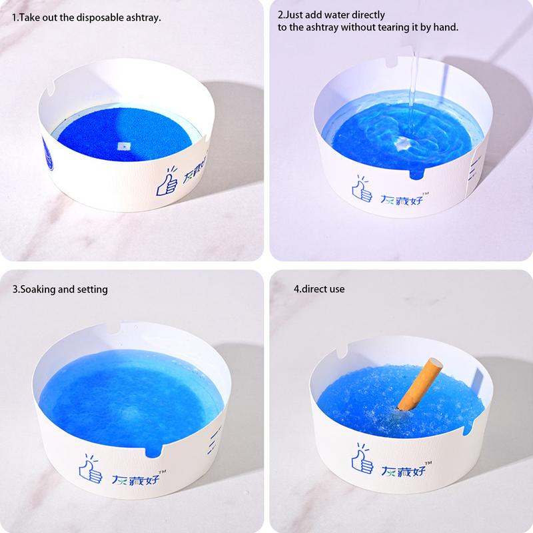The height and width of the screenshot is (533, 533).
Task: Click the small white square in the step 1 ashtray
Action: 122,144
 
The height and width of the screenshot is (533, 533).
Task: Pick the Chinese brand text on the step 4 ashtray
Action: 402,471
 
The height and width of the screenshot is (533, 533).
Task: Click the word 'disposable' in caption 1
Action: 101,17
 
